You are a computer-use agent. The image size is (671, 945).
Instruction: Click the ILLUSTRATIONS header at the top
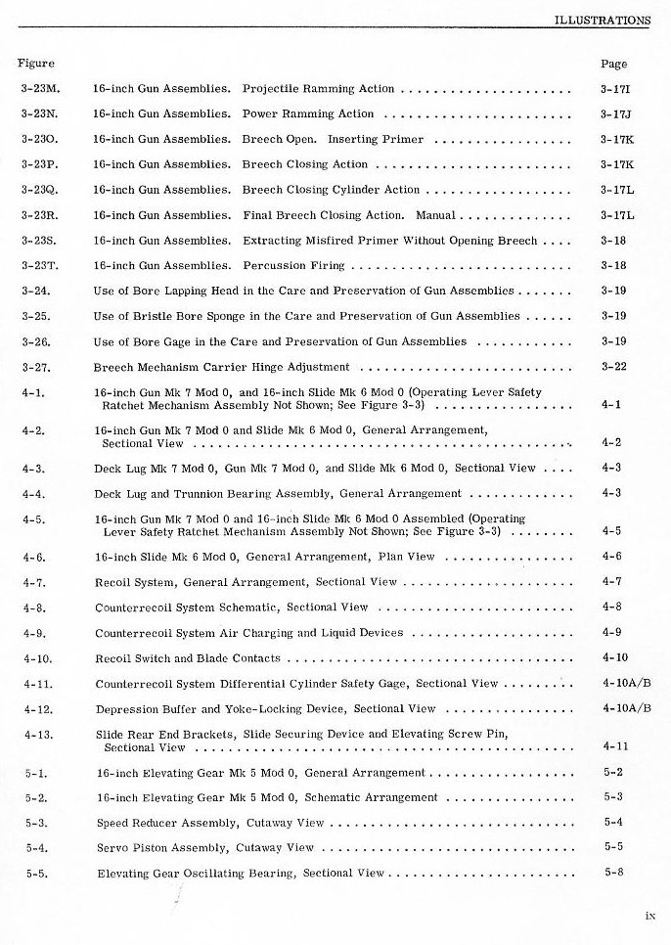click(x=602, y=19)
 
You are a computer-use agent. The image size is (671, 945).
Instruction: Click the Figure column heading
click(x=35, y=64)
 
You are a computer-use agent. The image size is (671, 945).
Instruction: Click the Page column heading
click(x=613, y=64)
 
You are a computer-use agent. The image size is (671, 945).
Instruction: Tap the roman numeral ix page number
click(x=649, y=916)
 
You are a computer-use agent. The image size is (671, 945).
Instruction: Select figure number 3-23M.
click(x=40, y=89)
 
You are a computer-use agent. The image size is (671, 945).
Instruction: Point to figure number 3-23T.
click(x=39, y=265)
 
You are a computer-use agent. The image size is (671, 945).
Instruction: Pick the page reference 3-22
click(x=613, y=367)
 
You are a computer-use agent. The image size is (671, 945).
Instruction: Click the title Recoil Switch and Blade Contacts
click(x=187, y=658)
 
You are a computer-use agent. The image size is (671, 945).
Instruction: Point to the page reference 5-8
click(x=613, y=873)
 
